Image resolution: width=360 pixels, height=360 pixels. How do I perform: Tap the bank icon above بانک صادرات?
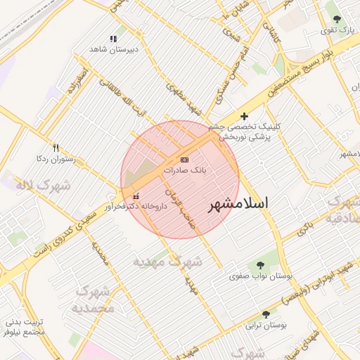coord(185,160)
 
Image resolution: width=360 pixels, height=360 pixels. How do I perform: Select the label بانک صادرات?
coord(185,170)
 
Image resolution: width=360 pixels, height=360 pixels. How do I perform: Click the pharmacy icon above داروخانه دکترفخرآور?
coord(136,195)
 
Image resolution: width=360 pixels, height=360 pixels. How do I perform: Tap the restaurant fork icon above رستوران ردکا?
coord(56,148)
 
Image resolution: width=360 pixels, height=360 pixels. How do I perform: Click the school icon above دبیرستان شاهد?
coord(113,39)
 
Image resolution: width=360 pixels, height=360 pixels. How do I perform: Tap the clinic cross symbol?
coord(244,116)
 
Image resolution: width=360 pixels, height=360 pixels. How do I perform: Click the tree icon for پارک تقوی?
coord(337,18)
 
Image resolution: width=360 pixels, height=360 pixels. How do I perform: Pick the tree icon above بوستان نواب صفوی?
coord(261,265)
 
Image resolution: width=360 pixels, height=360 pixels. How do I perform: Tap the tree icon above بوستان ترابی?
coord(266,314)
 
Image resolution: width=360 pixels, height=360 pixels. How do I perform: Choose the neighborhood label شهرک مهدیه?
coord(168,262)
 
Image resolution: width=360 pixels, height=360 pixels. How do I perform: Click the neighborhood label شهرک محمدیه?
coord(94,300)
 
